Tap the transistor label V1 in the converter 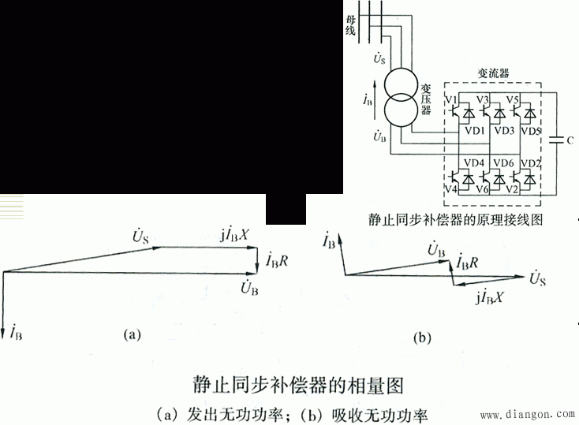pos(452,100)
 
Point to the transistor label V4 pos(451,190)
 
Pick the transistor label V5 pos(513,100)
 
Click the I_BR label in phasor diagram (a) pos(280,259)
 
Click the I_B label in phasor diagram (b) pos(327,240)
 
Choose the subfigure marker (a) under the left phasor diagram pos(133,334)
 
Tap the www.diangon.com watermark pos(527,412)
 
